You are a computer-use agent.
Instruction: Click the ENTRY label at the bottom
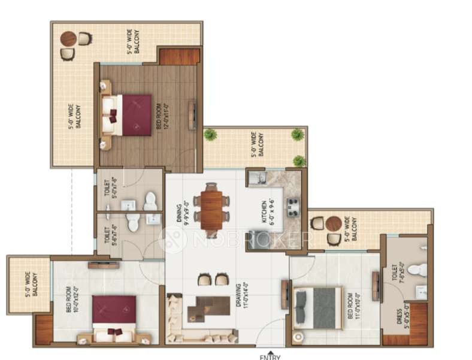270,357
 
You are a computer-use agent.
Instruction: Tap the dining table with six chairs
211,209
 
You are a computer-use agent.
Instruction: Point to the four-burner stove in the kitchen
294,207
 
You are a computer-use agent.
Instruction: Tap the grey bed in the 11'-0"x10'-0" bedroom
318,308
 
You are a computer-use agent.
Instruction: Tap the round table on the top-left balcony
68,39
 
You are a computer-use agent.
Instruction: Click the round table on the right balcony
334,223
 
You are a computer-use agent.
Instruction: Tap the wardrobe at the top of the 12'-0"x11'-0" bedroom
179,57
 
